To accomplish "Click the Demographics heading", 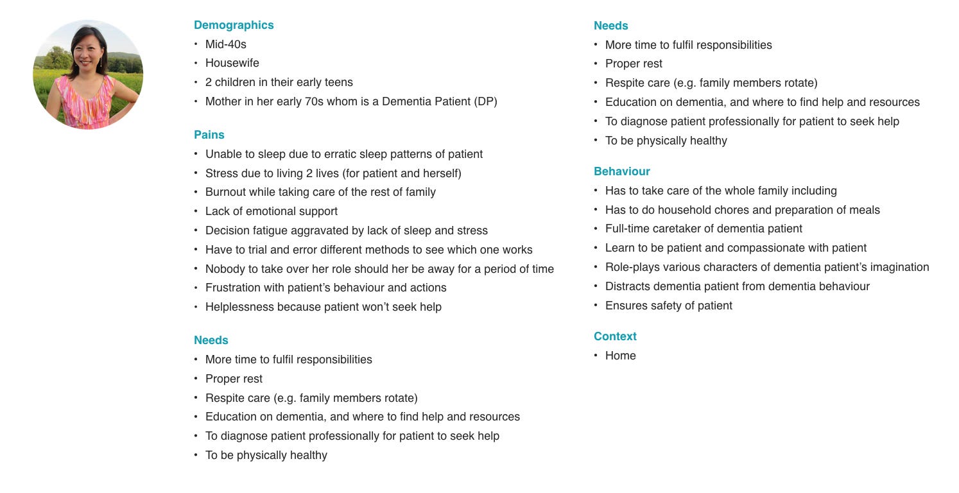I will coord(234,25).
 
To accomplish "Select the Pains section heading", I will coord(209,135).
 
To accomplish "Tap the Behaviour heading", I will coord(621,171).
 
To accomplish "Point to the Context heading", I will coord(615,336).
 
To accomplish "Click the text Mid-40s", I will coord(225,44).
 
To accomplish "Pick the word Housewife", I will coord(232,63).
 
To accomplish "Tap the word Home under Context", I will coord(620,356).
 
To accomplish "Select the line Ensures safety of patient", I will coord(668,306).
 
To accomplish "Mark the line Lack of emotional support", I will coord(271,211).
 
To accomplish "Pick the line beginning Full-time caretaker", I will coord(704,229).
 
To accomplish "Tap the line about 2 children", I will coord(279,82).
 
